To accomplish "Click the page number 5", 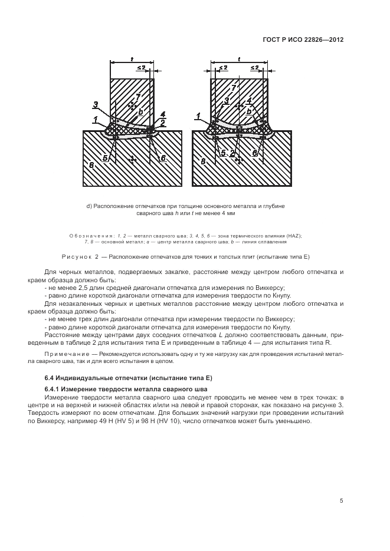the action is coord(342,501).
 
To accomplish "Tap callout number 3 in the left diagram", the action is coord(96,104).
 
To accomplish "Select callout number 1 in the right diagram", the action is coord(199,116).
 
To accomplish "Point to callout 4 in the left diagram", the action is coord(162,114).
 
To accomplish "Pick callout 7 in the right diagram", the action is coord(233,88).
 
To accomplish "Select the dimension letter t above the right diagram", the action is coord(239,59).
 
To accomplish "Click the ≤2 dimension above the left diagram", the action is coord(142,68).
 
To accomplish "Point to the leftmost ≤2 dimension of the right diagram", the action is coord(223,67).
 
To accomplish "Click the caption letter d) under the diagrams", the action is coord(89,206).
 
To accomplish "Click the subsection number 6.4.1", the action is coord(51,389).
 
